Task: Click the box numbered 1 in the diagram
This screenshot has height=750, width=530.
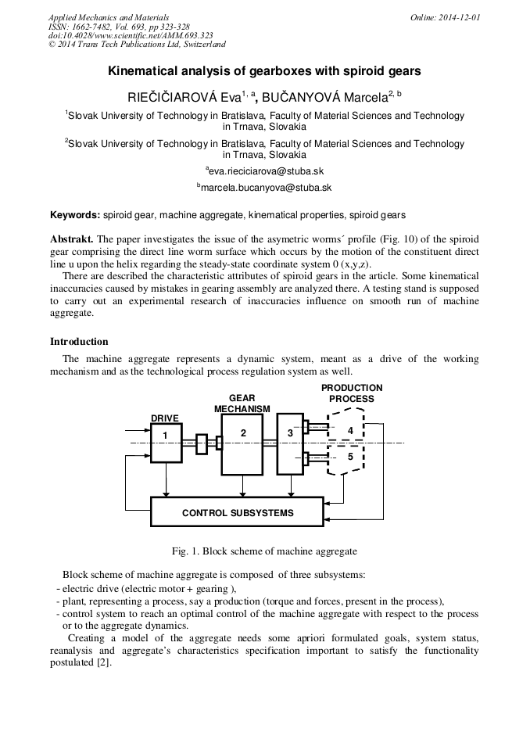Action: (166, 443)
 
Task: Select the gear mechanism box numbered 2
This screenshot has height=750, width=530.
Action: (242, 444)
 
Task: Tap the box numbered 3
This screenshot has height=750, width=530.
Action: (290, 443)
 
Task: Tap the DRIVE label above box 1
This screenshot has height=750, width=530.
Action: (164, 418)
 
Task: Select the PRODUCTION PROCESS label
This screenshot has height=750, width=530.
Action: (352, 393)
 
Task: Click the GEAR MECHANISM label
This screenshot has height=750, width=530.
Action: (242, 404)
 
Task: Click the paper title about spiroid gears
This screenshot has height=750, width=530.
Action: (264, 71)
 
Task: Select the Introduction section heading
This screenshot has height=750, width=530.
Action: (79, 342)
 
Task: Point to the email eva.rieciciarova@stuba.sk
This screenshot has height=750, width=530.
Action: (266, 170)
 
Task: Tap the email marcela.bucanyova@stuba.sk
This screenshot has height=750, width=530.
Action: (266, 188)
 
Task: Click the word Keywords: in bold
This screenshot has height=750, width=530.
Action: (75, 214)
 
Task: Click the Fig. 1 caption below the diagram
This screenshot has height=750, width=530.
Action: (264, 551)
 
